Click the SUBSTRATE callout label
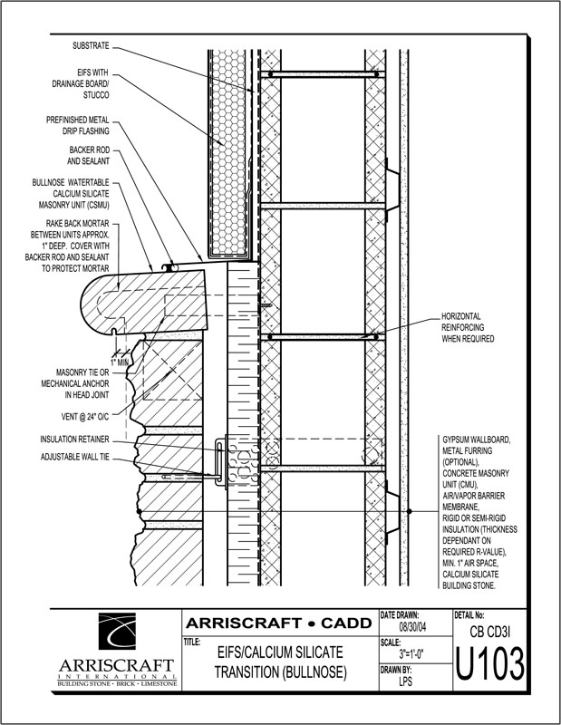(91, 44)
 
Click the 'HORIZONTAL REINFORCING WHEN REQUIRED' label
(467, 327)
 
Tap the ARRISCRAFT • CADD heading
(279, 623)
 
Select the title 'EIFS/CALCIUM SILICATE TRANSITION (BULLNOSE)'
(279, 662)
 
